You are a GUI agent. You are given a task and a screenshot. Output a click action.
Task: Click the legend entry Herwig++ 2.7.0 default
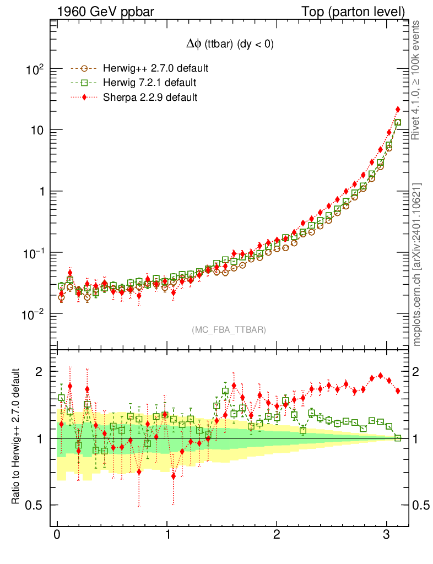click(155, 69)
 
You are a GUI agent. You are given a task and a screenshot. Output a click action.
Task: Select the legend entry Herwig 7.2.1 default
click(149, 83)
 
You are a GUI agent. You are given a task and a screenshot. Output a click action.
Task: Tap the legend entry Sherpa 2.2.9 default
click(150, 97)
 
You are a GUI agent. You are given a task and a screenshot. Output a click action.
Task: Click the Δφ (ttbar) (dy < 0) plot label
click(230, 45)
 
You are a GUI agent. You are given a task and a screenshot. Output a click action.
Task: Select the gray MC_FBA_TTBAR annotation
click(229, 329)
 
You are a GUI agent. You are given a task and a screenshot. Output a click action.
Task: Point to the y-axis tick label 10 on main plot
click(36, 131)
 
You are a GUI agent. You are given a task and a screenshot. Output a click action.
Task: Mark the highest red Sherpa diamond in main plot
click(398, 110)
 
